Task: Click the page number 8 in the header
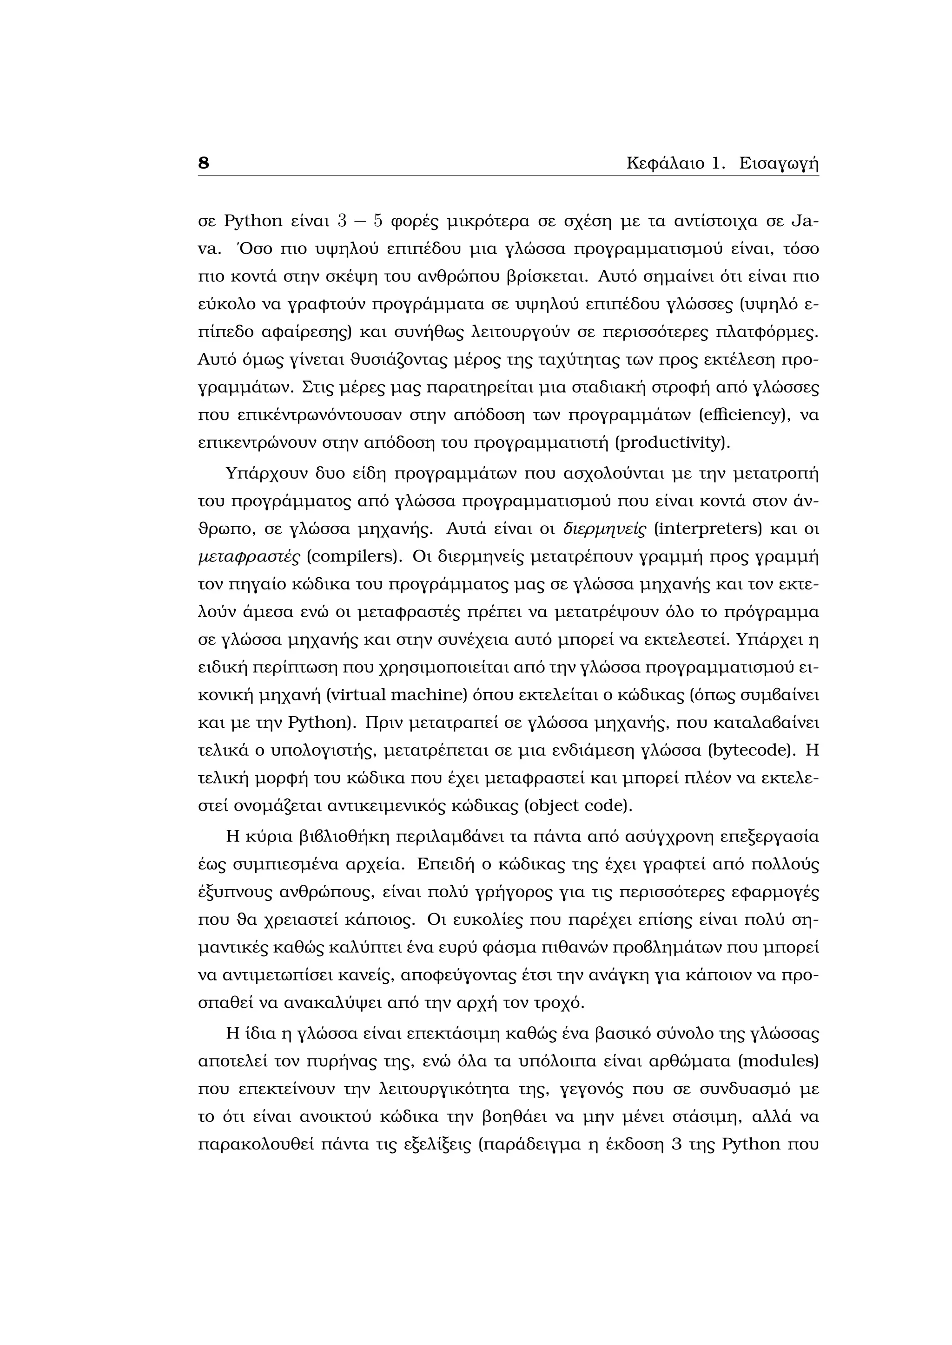pos(204,163)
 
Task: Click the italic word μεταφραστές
pos(250,556)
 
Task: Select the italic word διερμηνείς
pos(604,529)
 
